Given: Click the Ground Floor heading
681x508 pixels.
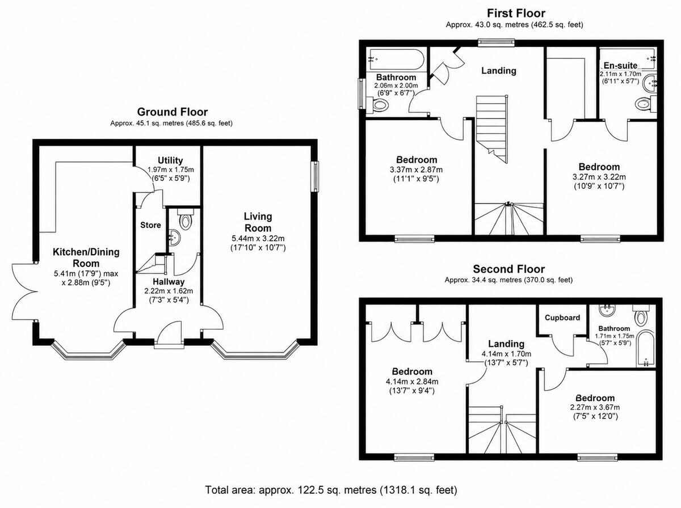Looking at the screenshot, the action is [x=172, y=112].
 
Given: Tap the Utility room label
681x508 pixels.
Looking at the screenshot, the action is [x=170, y=160].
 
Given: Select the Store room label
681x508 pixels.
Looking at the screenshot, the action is [x=150, y=225].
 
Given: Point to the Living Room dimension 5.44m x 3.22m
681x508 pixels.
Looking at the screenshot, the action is [x=258, y=239].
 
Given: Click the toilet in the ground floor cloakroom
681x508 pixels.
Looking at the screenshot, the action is [x=186, y=219].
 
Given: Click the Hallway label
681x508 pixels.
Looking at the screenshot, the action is [x=169, y=282].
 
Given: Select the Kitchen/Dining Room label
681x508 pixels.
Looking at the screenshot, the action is [x=86, y=257].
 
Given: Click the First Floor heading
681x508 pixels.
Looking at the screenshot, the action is [x=516, y=14].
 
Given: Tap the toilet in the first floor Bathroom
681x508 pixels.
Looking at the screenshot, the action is [x=377, y=104].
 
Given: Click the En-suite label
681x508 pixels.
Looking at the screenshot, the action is [x=620, y=66].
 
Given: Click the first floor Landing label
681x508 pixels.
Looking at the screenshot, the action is [x=499, y=71].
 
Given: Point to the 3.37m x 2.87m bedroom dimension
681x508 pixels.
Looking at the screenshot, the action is [x=417, y=170].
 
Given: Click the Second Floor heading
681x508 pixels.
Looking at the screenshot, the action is [x=509, y=269].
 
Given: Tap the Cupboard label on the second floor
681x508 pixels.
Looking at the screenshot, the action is [x=562, y=317].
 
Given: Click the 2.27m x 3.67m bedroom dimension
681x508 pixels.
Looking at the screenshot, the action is [x=595, y=407].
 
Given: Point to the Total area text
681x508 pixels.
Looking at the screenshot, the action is [x=331, y=490].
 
